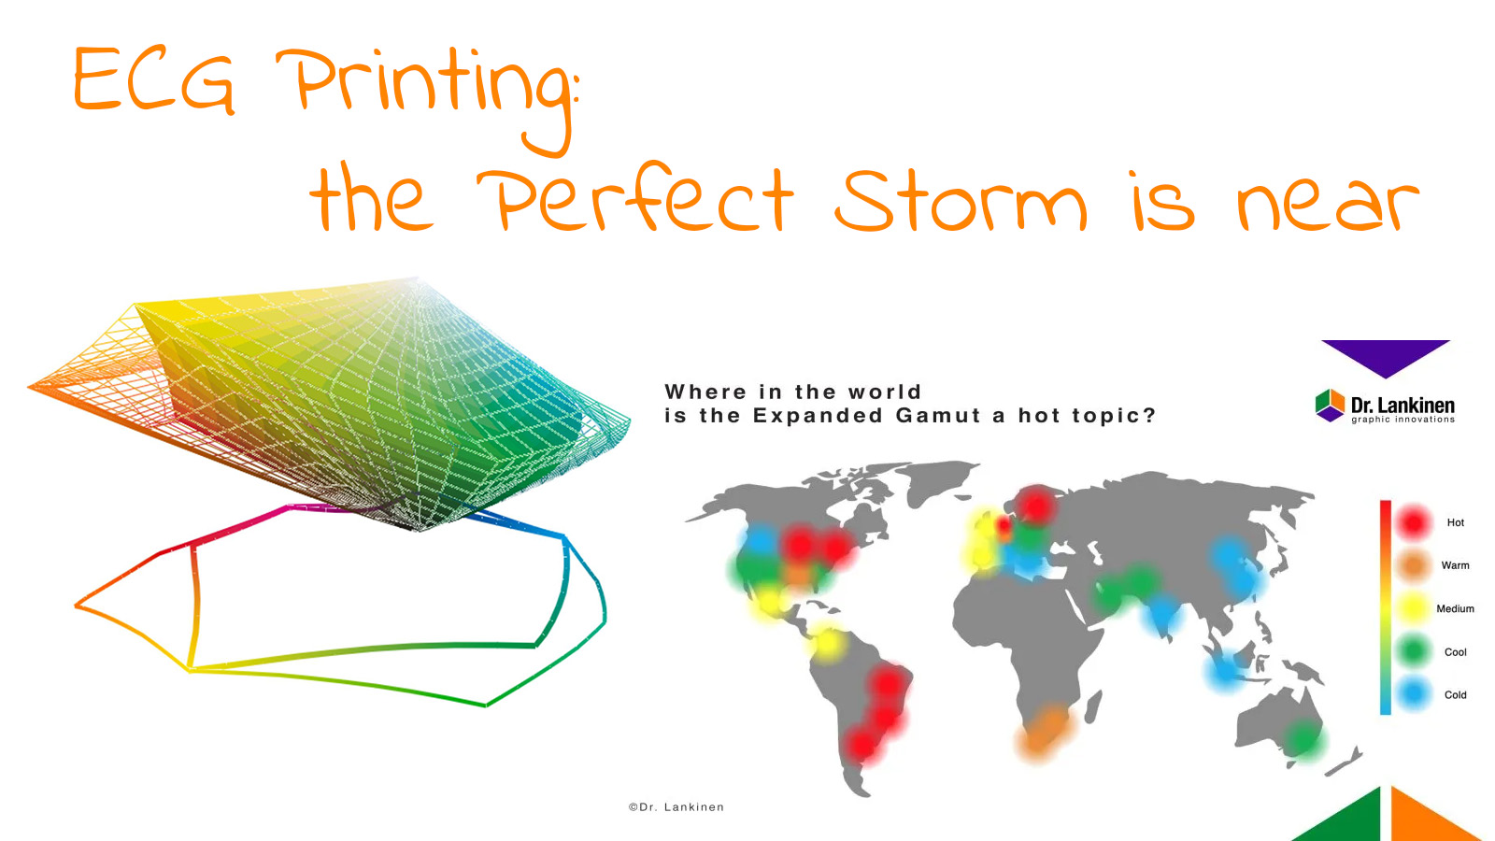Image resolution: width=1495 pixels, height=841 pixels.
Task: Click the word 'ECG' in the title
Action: coord(154,82)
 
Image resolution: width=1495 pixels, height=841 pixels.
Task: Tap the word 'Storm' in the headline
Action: coord(961,201)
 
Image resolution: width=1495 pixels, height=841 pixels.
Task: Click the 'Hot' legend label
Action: coord(1455,522)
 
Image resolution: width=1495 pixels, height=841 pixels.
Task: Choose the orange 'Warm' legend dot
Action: coord(1414,565)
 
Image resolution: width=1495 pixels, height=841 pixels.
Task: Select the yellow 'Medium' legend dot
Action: coord(1414,608)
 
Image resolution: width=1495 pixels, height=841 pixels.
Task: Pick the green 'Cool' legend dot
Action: coord(1414,651)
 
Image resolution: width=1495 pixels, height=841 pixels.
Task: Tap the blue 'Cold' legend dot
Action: coord(1414,694)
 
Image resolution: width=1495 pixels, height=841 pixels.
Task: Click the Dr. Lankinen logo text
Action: coord(1402,406)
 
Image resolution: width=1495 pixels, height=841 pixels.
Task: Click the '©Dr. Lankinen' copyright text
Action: coord(676,807)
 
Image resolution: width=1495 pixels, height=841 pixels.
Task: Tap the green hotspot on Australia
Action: coord(1302,739)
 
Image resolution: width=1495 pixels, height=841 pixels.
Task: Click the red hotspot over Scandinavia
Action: coord(1035,505)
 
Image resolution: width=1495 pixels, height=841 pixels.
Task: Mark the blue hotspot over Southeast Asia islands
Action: coord(1225,668)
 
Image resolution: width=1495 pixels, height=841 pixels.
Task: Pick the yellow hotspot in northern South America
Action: coord(827,643)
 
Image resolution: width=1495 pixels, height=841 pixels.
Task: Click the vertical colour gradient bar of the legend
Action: coord(1386,607)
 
